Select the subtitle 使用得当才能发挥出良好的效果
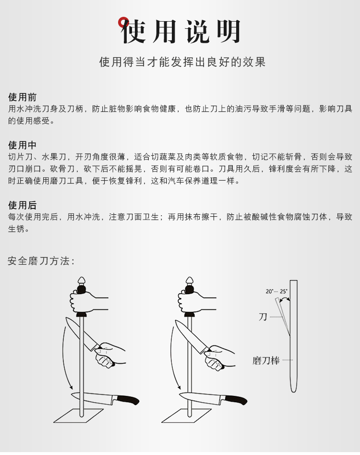click(x=182, y=62)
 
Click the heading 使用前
click(x=22, y=97)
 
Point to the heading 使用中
click(x=22, y=145)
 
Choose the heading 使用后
click(x=22, y=205)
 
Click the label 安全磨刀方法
click(x=41, y=261)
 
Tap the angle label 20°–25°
click(x=276, y=291)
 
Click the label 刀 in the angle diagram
click(x=263, y=317)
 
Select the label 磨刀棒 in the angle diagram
click(x=266, y=361)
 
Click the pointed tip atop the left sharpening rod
click(x=82, y=278)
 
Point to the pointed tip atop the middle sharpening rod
click(x=190, y=278)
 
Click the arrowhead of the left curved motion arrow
click(x=70, y=387)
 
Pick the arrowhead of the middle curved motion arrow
click(x=179, y=387)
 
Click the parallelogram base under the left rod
click(x=79, y=416)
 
